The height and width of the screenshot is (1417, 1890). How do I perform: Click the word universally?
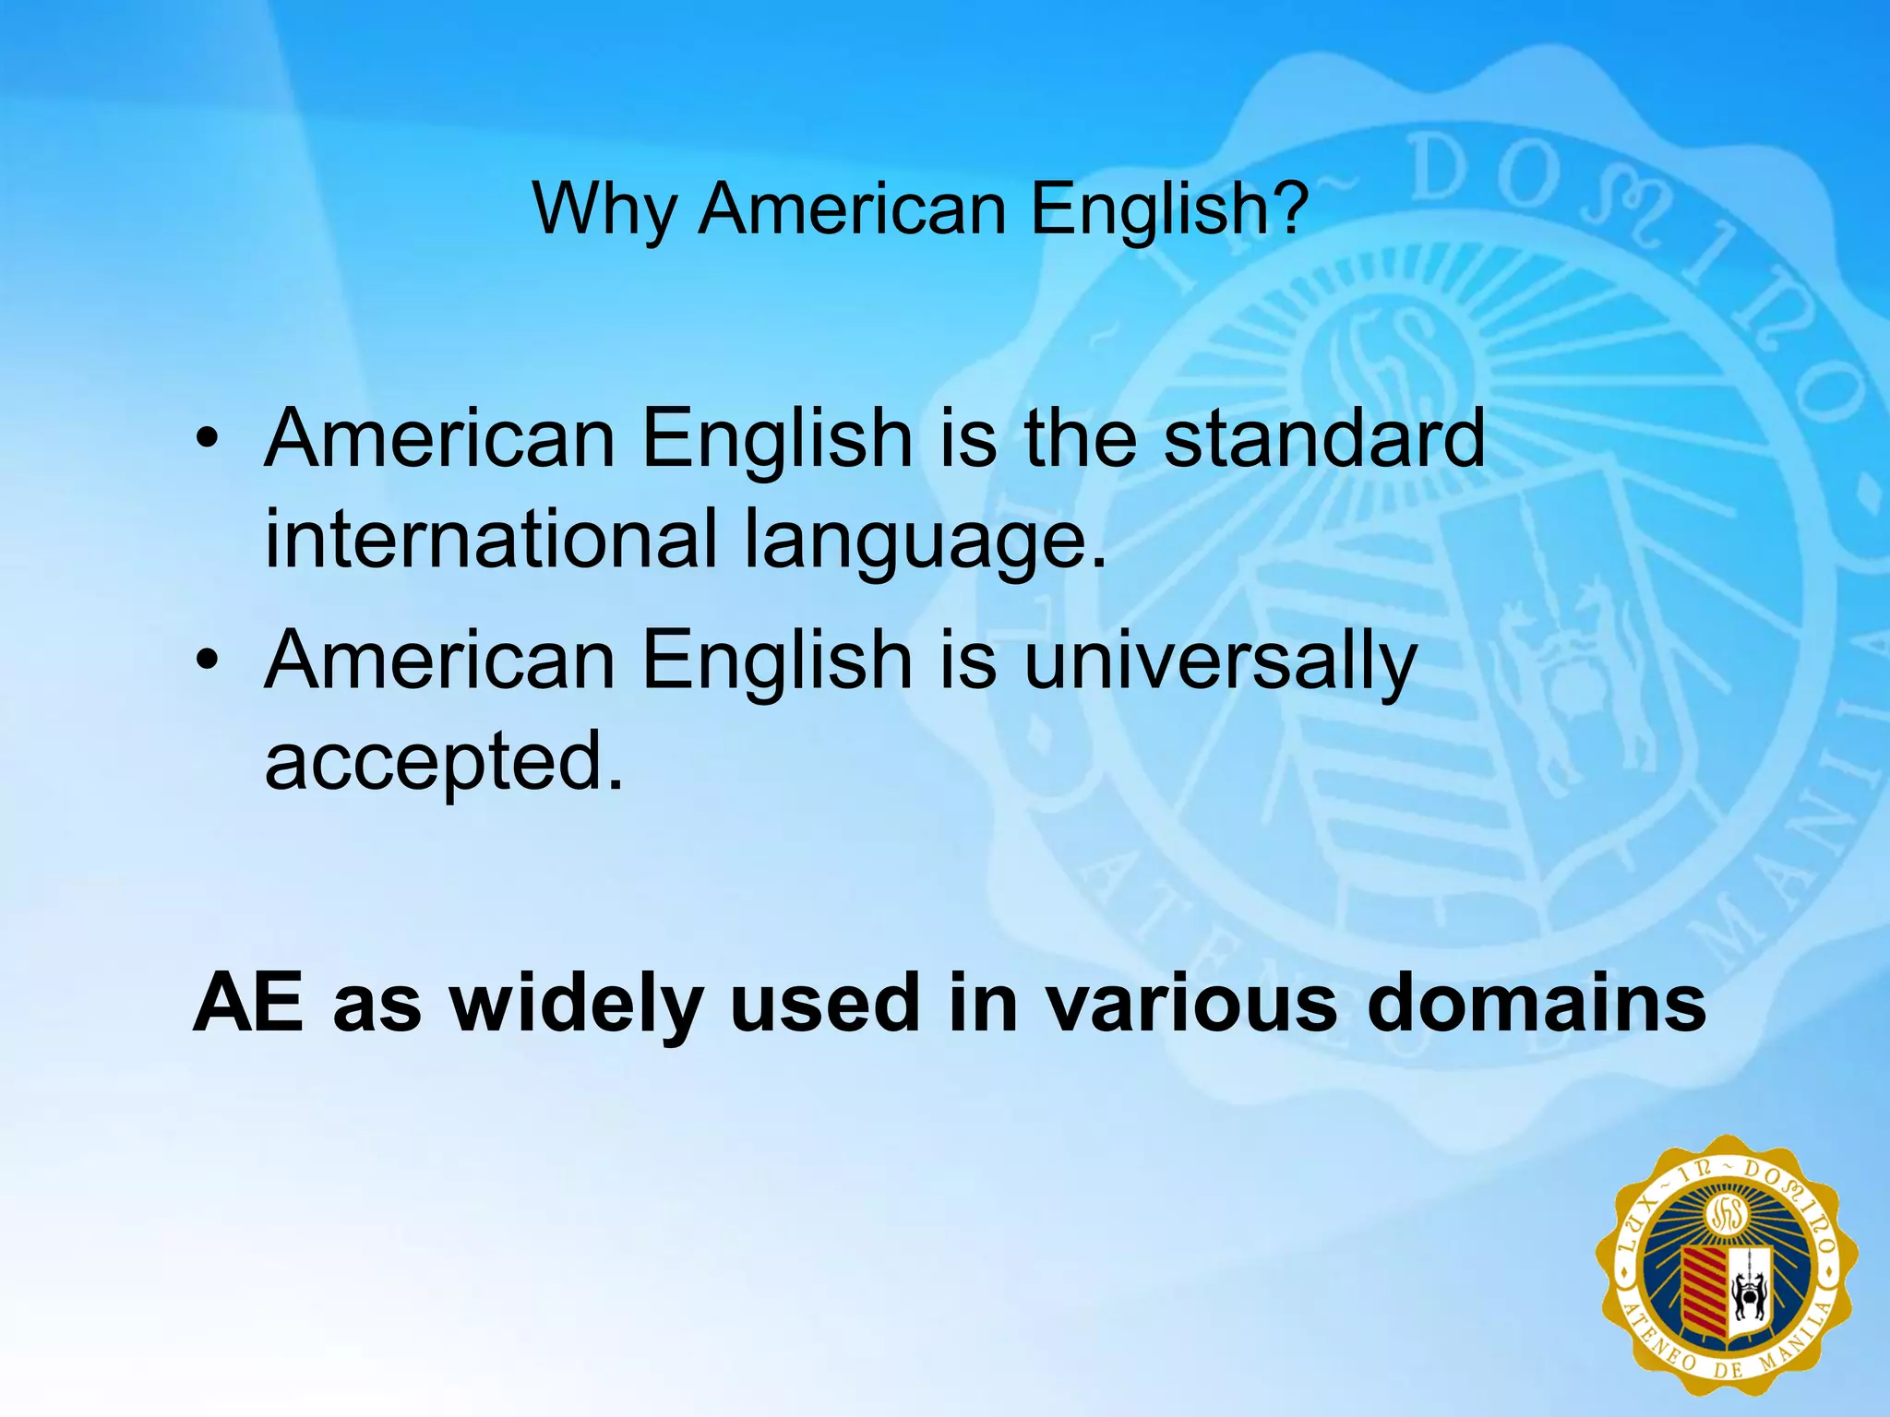pyautogui.click(x=1219, y=661)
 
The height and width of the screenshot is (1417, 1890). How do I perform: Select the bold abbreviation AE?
pyautogui.click(x=248, y=1003)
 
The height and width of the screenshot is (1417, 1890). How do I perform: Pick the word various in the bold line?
pyautogui.click(x=1191, y=1003)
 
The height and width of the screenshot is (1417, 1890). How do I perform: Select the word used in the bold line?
pyautogui.click(x=827, y=1003)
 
